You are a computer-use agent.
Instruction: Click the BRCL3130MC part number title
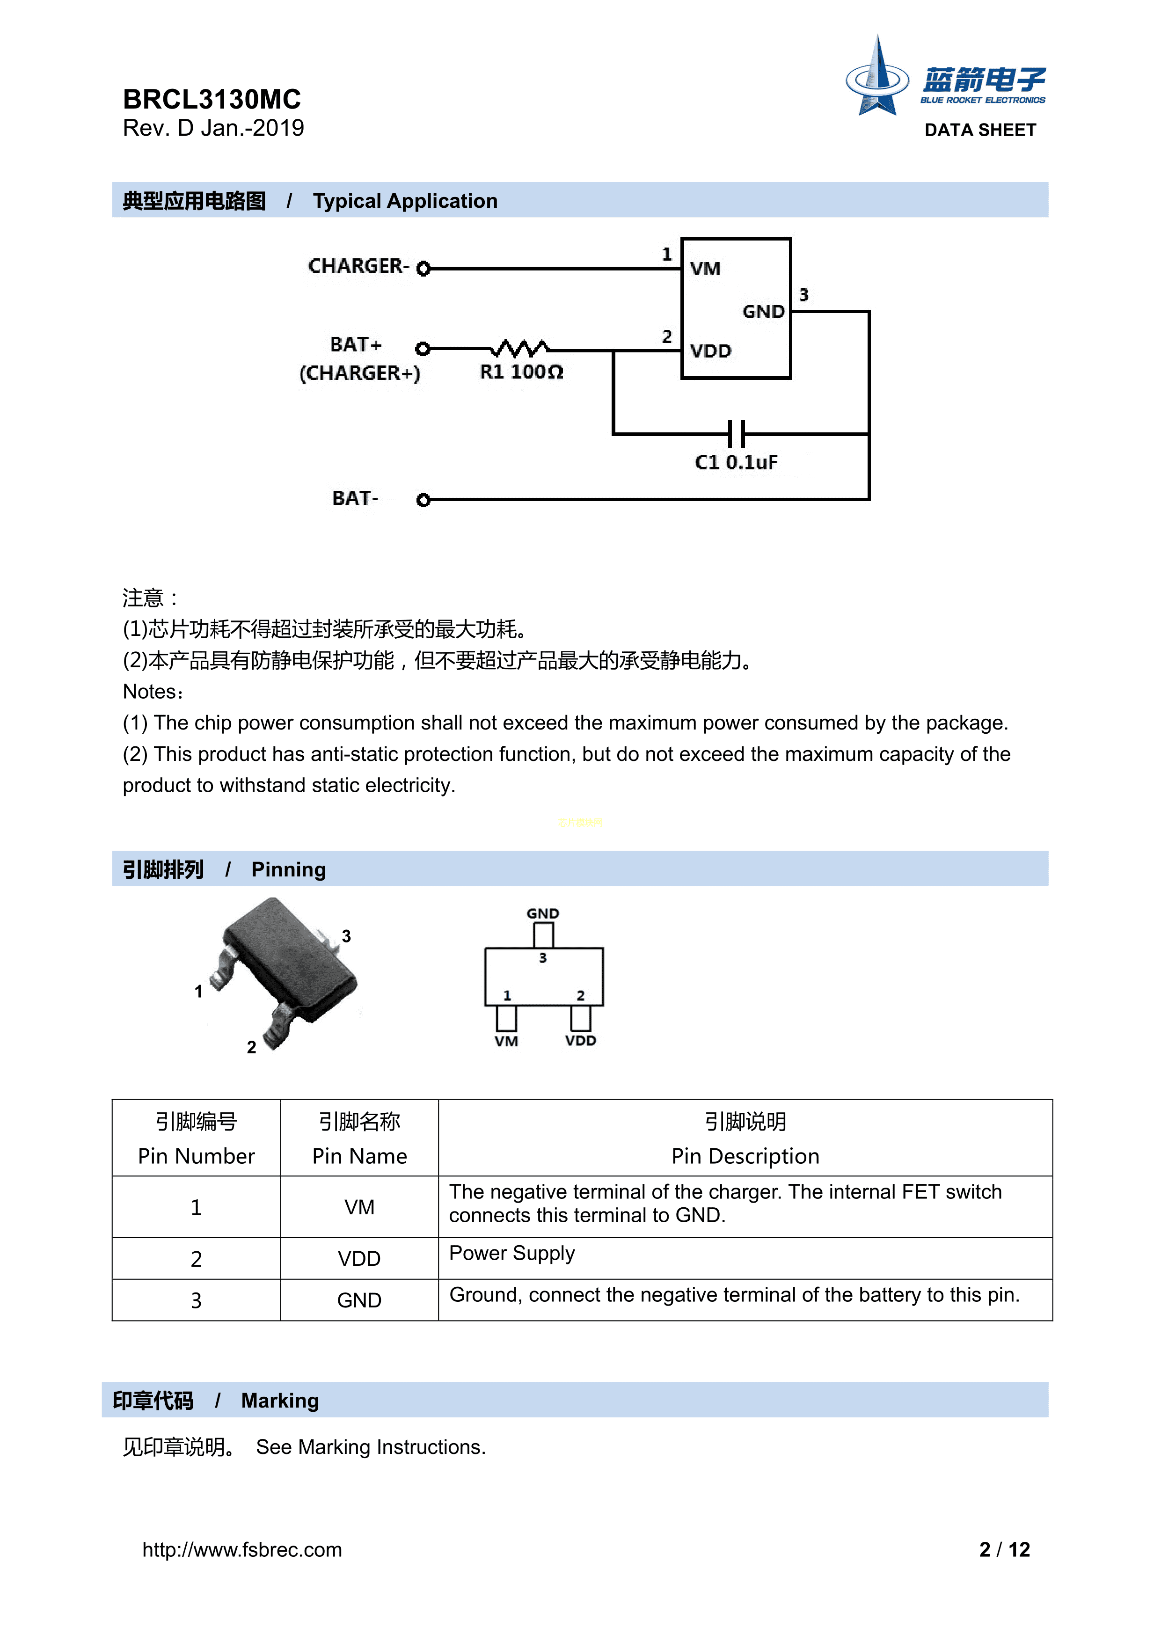[x=212, y=99]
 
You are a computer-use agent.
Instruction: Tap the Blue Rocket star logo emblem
[x=877, y=78]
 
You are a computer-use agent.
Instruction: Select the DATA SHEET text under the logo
[x=980, y=130]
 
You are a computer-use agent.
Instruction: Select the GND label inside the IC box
[x=763, y=312]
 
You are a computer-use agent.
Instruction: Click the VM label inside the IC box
[x=705, y=269]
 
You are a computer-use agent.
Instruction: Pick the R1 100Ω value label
[x=521, y=372]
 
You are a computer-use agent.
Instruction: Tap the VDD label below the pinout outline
[x=580, y=1041]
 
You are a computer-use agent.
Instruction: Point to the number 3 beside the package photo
[x=346, y=936]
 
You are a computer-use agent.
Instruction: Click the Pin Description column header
[x=745, y=1156]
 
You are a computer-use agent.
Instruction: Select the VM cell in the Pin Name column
[x=359, y=1207]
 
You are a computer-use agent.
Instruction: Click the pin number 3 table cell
[x=196, y=1300]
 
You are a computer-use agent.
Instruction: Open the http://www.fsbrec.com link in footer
[x=242, y=1550]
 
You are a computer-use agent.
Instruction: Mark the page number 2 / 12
[x=1004, y=1550]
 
